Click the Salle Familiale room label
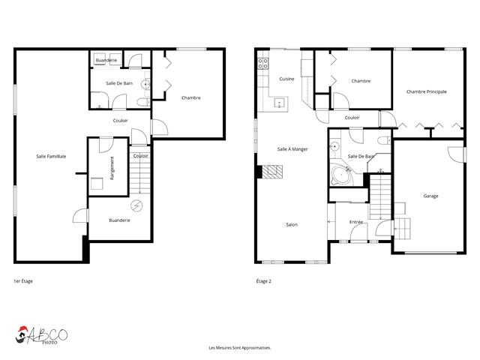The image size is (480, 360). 51,157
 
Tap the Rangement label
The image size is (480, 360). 112,168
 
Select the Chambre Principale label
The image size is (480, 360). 427,91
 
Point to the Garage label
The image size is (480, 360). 430,196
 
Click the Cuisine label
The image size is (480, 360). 286,79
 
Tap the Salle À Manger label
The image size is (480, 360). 292,149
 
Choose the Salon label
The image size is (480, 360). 292,225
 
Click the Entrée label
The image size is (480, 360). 356,222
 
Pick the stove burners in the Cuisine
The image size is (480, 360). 263,64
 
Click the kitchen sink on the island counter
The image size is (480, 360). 280,103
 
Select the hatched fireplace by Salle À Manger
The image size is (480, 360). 272,172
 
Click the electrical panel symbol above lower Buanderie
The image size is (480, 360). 136,206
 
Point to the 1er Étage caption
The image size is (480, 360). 23,281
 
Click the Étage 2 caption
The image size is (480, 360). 263,281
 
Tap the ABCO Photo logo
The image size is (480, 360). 41,335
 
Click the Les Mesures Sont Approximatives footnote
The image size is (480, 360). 240,348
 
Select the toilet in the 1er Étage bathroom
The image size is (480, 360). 143,102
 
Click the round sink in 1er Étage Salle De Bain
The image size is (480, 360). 145,84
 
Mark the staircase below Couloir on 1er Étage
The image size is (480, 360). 140,170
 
